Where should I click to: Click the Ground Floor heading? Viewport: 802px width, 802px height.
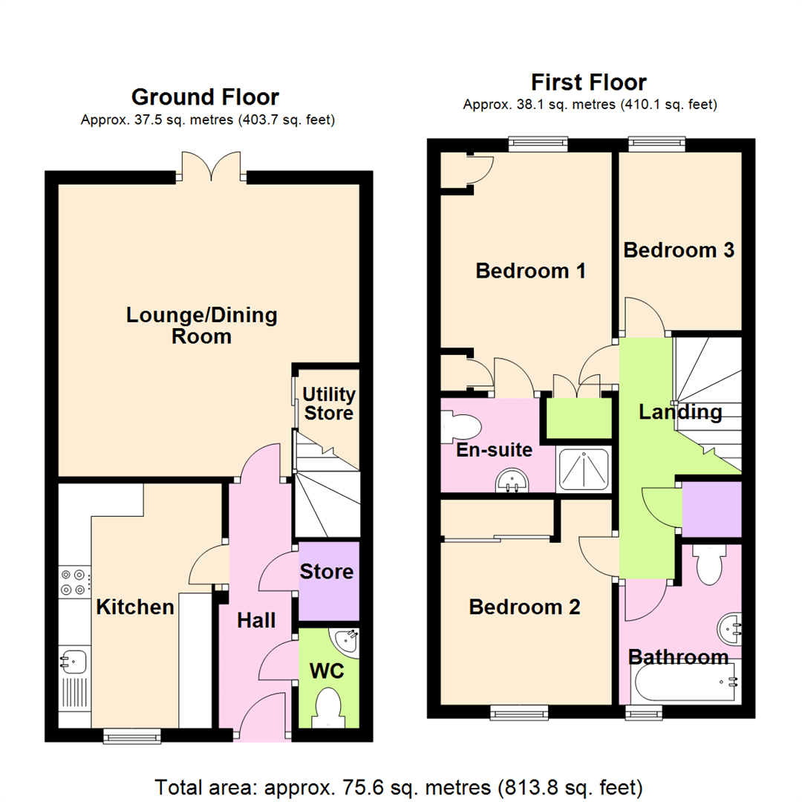coord(205,97)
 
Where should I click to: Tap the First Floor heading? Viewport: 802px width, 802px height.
coord(589,82)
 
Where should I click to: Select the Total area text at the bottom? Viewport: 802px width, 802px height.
coord(400,786)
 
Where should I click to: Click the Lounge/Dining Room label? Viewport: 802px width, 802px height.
coord(201,325)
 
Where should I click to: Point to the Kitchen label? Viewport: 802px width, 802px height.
coord(135,607)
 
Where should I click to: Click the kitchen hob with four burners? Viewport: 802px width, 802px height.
coord(74,581)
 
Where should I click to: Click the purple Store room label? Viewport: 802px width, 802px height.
coord(327,573)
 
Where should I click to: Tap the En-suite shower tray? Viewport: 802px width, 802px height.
coord(584,470)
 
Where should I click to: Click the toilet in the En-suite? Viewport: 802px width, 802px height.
coord(458,428)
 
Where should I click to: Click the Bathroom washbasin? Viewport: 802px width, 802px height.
coord(728,630)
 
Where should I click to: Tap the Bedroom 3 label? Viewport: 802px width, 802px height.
coord(679,250)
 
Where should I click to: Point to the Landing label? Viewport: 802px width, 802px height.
coord(680,412)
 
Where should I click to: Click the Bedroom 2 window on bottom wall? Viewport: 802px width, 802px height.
coord(519,713)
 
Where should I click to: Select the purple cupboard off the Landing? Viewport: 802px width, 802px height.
coord(711,509)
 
